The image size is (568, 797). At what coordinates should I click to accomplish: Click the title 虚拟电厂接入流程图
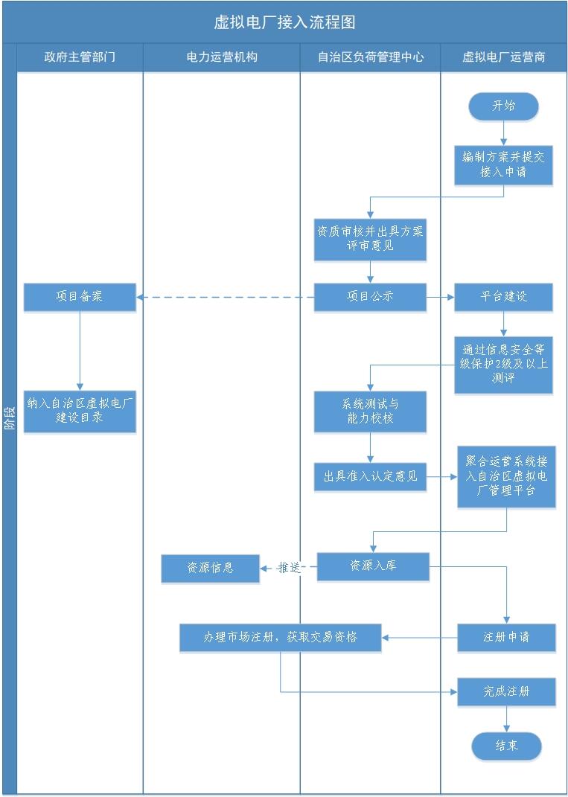coord(284,22)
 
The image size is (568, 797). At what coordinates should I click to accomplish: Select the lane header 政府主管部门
coord(80,57)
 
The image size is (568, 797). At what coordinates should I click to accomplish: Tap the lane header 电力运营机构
coord(222,57)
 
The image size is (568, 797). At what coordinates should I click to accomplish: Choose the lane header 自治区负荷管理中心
coord(370,57)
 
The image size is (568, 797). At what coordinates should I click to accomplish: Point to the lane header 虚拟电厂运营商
coord(503,57)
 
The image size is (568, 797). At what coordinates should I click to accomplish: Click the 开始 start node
coord(503,106)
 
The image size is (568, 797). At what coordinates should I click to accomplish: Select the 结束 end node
coord(506,746)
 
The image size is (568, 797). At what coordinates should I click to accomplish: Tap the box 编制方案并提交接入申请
coord(503,164)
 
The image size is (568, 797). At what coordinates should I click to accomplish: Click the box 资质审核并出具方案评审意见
coord(370,239)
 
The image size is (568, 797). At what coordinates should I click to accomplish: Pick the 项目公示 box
coord(370,296)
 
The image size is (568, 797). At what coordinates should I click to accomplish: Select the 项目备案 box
coord(80,296)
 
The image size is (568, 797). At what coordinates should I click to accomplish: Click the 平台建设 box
coord(503,296)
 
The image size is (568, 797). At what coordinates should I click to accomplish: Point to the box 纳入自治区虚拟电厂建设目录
coord(80,411)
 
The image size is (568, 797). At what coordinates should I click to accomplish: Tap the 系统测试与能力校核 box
coord(370,412)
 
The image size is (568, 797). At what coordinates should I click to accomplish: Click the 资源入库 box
coord(373,566)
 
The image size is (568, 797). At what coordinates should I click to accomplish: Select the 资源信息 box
coord(211,569)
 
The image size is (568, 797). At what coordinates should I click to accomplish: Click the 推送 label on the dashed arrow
coord(289,568)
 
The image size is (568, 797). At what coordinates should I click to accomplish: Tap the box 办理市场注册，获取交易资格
coord(281,638)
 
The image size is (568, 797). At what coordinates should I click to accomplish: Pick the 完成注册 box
coord(506,691)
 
